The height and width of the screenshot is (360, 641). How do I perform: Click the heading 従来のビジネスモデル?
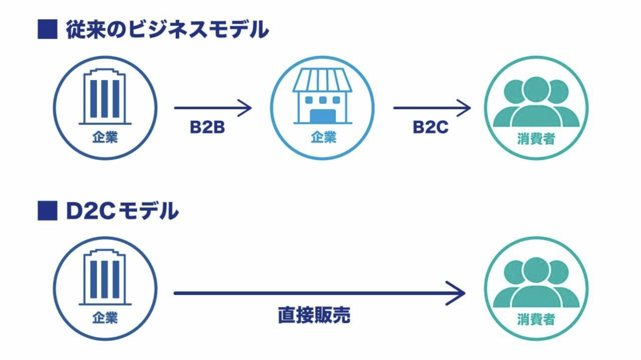[x=167, y=30]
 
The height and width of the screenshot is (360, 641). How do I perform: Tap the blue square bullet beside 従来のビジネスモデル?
[x=47, y=30]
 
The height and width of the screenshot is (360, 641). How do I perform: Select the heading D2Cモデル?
[x=122, y=211]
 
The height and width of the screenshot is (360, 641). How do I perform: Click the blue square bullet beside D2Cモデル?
[x=47, y=211]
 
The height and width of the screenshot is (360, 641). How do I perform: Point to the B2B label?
[x=207, y=127]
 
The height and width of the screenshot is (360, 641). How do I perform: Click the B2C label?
[x=430, y=127]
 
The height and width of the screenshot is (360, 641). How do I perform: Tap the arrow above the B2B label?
[x=213, y=108]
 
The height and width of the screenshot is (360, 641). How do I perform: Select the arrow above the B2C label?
[x=432, y=108]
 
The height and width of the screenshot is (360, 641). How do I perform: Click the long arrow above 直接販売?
[x=319, y=293]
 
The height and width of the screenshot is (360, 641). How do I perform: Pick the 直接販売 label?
[x=314, y=315]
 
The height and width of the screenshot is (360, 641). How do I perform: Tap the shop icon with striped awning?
[x=323, y=96]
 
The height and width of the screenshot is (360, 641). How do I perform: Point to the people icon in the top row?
[x=536, y=102]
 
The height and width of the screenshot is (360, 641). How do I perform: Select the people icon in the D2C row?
[x=536, y=283]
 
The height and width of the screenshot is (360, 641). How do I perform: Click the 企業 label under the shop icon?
[x=323, y=137]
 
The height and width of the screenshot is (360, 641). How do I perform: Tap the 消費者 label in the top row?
[x=536, y=139]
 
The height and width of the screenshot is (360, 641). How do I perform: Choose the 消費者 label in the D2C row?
[x=536, y=319]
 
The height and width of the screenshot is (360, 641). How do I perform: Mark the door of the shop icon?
[x=323, y=116]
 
